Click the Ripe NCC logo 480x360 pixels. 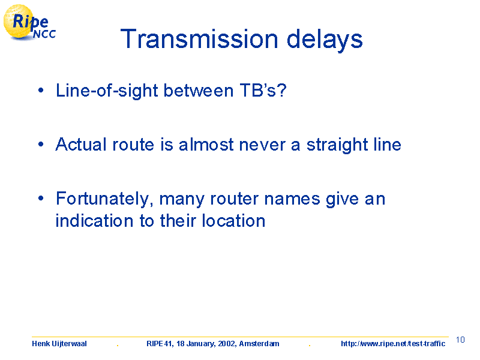tap(29, 23)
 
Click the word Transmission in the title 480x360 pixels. tap(199, 39)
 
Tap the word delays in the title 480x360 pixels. tap(325, 40)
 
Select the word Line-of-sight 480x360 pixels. tap(107, 91)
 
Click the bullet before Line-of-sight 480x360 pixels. tap(41, 91)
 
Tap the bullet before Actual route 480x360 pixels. tap(41, 144)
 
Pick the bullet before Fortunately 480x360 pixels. tap(41, 198)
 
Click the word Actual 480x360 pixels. tap(81, 144)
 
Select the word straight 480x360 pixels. tap(337, 145)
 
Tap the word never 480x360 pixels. tap(262, 146)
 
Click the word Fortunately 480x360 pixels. tap(104, 199)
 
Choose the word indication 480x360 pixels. tap(94, 220)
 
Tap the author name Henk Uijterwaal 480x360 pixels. tap(59, 344)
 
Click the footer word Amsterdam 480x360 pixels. tap(259, 344)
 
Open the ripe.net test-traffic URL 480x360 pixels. tap(393, 344)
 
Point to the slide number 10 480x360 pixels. tap(460, 340)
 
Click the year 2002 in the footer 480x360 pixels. tap(227, 344)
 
